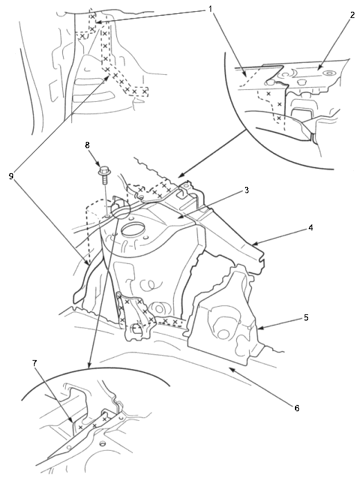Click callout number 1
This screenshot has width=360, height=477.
click(x=210, y=9)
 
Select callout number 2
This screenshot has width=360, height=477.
click(x=352, y=15)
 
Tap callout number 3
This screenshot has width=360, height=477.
click(x=246, y=190)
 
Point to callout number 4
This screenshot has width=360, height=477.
click(x=310, y=228)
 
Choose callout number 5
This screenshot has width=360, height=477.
click(x=306, y=318)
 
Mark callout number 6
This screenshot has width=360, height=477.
click(x=297, y=408)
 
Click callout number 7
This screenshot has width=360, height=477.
click(x=35, y=363)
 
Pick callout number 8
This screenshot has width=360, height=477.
click(x=87, y=145)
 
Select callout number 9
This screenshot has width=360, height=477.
click(x=11, y=177)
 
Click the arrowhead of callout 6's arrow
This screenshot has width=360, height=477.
click(x=231, y=369)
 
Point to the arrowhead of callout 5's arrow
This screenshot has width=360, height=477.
click(x=258, y=329)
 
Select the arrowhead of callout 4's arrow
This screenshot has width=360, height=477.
click(x=253, y=244)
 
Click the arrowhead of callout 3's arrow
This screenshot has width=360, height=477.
click(x=179, y=217)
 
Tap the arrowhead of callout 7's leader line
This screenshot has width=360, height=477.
click(x=73, y=422)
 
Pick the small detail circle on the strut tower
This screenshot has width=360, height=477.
click(x=120, y=208)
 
